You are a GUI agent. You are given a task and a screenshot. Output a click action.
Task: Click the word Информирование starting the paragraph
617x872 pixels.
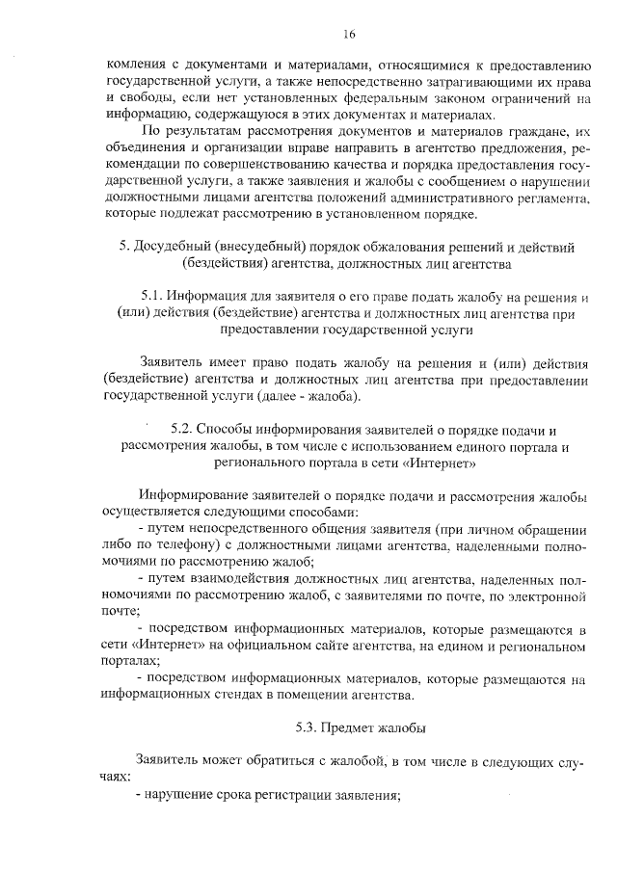pyautogui.click(x=188, y=495)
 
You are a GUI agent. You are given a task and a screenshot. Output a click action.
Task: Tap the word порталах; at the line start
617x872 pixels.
pyautogui.click(x=135, y=662)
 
